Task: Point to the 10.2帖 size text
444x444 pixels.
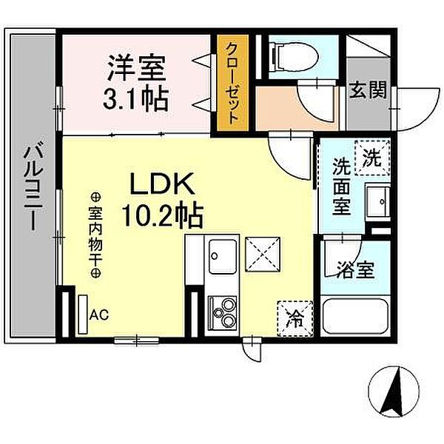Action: coord(164,215)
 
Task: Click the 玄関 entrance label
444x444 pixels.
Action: coord(368,91)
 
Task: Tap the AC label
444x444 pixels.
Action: coord(98,314)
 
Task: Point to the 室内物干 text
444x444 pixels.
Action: coord(95,235)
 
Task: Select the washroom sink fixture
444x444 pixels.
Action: coord(379,201)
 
